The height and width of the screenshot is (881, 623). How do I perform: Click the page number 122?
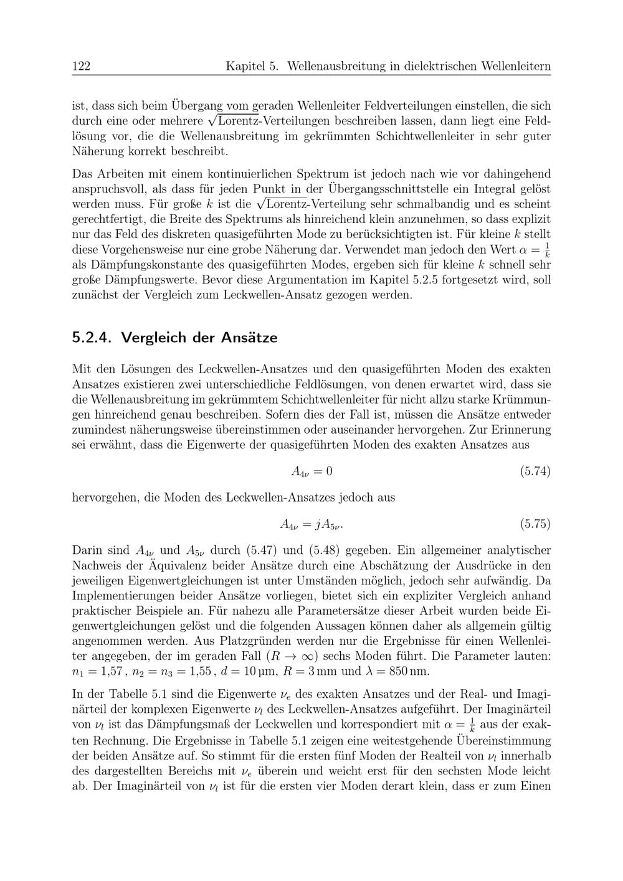click(82, 66)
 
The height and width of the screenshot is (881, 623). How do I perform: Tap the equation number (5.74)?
click(535, 471)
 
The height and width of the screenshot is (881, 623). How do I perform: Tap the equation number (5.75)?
click(535, 524)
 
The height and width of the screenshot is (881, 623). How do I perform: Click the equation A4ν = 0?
click(311, 472)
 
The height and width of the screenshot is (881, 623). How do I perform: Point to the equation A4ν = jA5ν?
click(311, 525)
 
